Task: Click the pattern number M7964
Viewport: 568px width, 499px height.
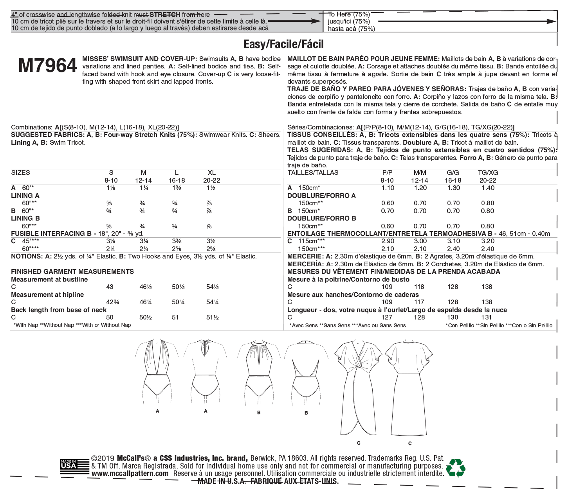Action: [47, 66]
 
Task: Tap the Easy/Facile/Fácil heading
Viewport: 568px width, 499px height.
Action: [283, 44]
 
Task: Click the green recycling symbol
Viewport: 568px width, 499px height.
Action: [456, 467]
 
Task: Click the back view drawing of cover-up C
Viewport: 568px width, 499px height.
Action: [409, 387]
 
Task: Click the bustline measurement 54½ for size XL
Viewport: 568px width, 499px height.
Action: [212, 287]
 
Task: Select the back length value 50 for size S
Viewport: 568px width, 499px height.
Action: [110, 318]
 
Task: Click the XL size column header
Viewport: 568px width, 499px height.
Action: [211, 172]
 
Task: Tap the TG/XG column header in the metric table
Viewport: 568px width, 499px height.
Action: [488, 172]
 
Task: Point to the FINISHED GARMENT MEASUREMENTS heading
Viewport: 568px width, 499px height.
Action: [72, 271]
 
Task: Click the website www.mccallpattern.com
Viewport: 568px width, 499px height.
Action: [130, 474]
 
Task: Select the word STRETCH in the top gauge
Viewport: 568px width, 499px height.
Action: [168, 15]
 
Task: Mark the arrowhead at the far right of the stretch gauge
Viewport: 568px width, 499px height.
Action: [552, 22]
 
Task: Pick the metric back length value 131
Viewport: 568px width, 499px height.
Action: [487, 318]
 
